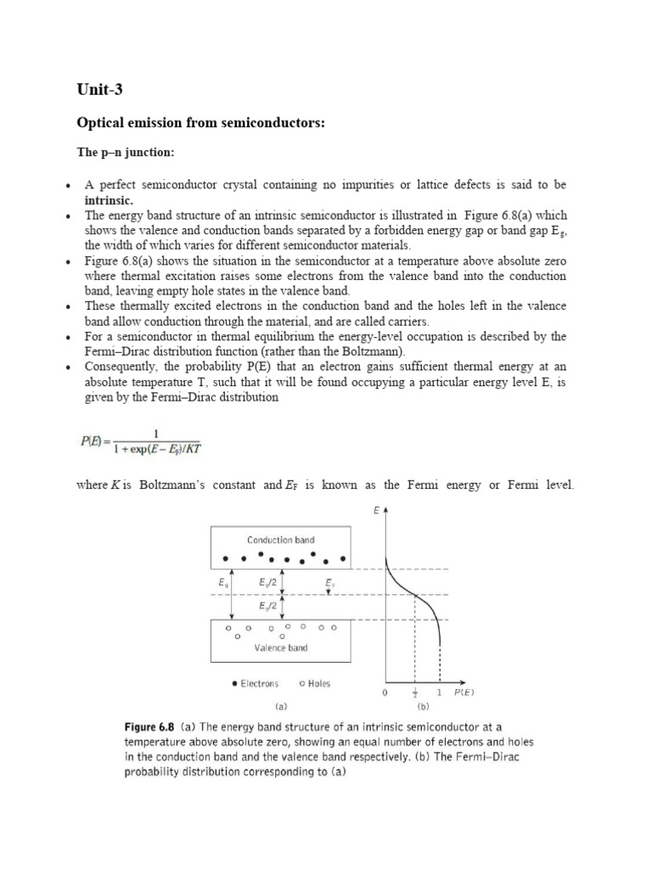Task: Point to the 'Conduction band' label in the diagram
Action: pos(282,540)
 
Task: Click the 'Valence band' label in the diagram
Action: pos(282,648)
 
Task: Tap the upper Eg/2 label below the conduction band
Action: pos(268,583)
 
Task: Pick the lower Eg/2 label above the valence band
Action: pos(268,607)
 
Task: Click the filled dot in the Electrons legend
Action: pos(234,683)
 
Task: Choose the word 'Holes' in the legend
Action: pos(320,683)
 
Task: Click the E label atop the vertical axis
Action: pos(376,511)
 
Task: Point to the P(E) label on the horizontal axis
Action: pos(464,692)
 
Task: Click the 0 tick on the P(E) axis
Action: pos(385,692)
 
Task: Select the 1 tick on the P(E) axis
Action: pos(440,692)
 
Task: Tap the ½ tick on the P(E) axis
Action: pos(414,692)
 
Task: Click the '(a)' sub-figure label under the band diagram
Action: pos(281,704)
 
